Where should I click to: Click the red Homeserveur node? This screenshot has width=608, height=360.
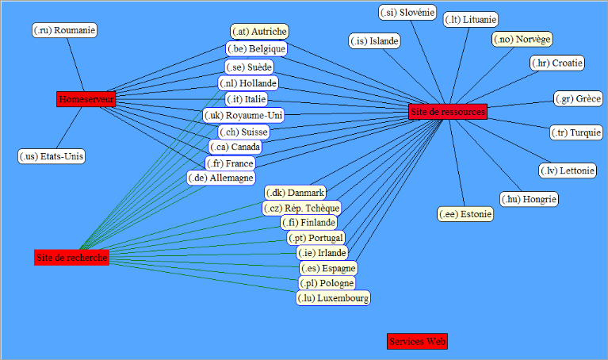tap(86, 99)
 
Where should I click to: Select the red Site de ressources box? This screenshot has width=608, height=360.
tap(447, 112)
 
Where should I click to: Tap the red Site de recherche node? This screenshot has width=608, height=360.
tap(71, 258)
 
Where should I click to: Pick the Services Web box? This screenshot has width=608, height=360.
tap(417, 341)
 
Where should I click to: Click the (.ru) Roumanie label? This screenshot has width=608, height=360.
tap(65, 30)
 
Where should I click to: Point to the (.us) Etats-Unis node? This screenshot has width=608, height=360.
tap(51, 156)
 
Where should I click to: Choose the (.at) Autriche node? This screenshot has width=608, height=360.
tap(259, 31)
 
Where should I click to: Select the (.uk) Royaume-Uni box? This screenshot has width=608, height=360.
tap(243, 116)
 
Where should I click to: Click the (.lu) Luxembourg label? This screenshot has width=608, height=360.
tap(333, 298)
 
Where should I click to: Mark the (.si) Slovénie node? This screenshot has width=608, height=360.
tap(407, 12)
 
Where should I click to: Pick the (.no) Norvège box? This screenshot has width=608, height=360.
tap(522, 39)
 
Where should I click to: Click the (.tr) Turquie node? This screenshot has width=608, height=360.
tap(576, 132)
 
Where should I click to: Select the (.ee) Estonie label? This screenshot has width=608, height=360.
tap(465, 214)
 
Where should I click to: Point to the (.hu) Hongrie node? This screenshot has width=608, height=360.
tap(529, 199)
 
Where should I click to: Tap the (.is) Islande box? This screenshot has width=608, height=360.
tap(374, 40)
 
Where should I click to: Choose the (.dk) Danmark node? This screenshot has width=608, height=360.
tap(295, 193)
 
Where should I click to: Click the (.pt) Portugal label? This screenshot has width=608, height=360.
tap(315, 238)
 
